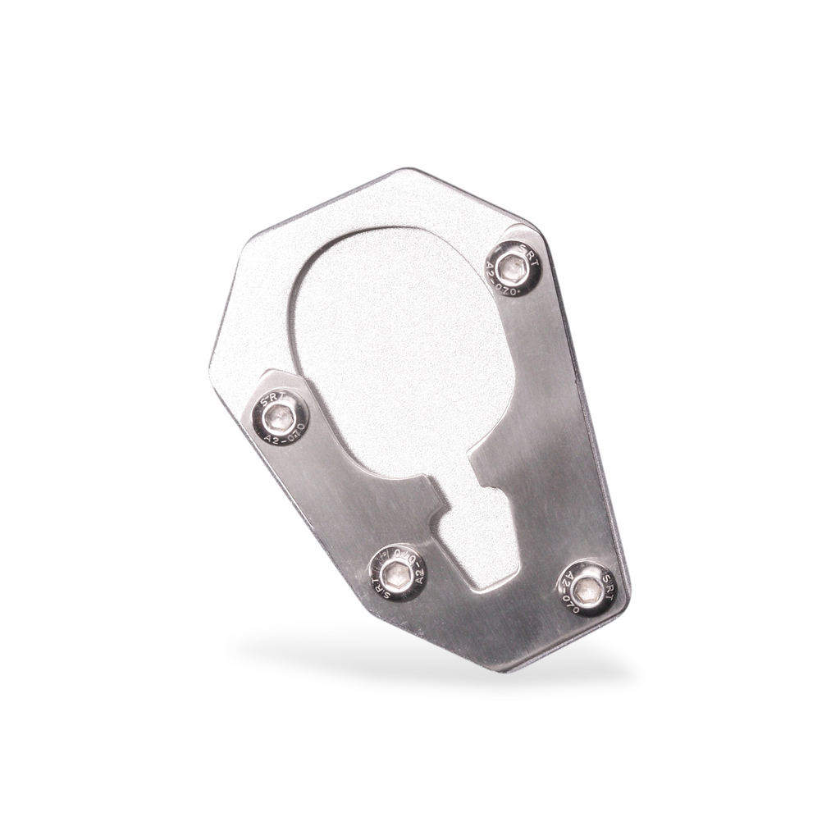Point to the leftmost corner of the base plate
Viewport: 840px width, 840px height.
point(212,361)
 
